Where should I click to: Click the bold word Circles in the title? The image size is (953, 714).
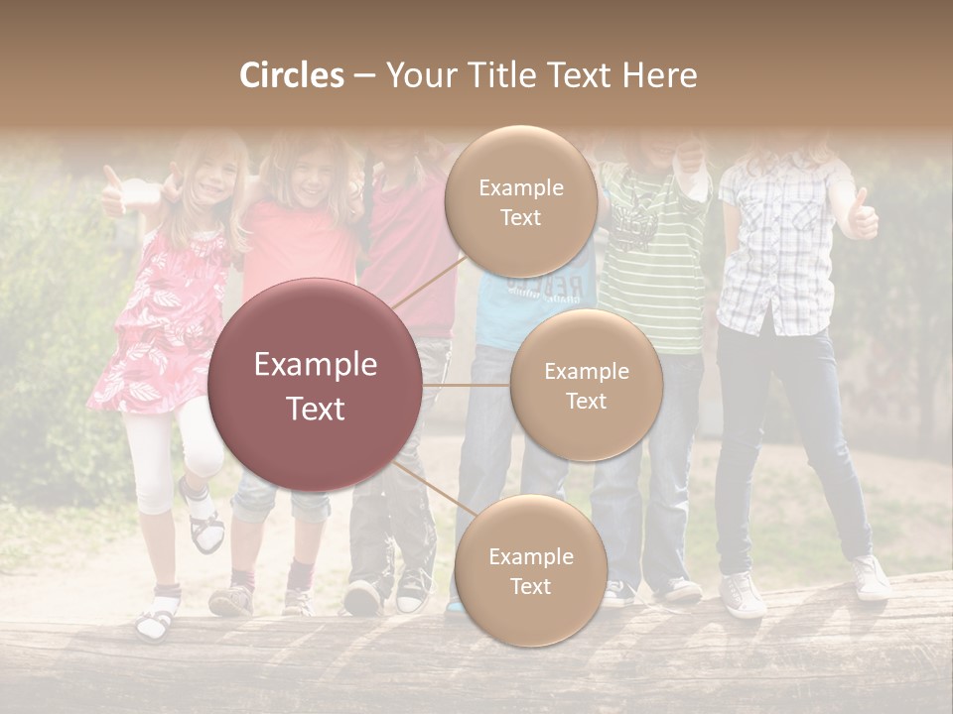pyautogui.click(x=292, y=75)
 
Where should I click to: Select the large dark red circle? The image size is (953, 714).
pyautogui.click(x=315, y=385)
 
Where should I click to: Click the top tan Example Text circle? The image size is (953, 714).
pyautogui.click(x=520, y=201)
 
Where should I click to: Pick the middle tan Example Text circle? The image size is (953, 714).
pyautogui.click(x=586, y=385)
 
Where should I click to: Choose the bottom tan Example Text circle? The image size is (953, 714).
pyautogui.click(x=530, y=571)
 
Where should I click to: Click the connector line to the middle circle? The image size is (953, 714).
pyautogui.click(x=467, y=385)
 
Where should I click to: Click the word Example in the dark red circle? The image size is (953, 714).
pyautogui.click(x=315, y=365)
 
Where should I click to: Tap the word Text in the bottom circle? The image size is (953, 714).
pyautogui.click(x=530, y=586)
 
